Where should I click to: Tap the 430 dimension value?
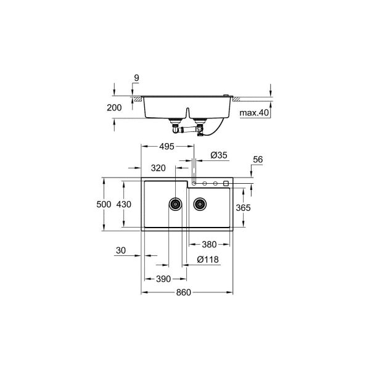124,203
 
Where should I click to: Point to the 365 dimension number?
243,208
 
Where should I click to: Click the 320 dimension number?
158,168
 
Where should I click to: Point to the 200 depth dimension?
113,107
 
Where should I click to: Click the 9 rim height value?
136,78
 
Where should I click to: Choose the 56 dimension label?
258,159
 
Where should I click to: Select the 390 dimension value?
163,279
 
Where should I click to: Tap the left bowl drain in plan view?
175,203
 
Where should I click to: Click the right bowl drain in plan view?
199,203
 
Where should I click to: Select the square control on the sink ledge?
226,183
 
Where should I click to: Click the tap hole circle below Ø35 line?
194,183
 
